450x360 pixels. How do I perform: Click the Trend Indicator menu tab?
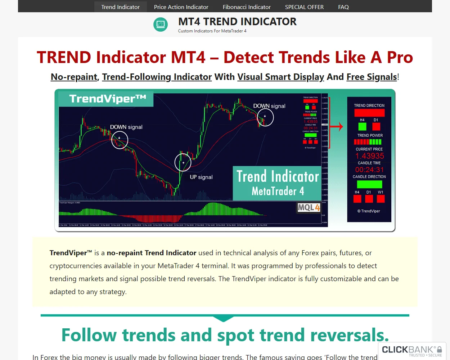coord(120,7)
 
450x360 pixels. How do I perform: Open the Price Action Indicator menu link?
coord(181,7)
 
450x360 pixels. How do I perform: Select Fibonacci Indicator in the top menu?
coord(247,7)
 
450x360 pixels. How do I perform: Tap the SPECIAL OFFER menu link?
coord(304,7)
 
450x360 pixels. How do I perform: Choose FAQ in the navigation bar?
coord(343,7)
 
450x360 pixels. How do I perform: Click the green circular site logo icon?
coord(161,24)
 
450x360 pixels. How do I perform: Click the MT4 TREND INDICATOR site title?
coord(237,22)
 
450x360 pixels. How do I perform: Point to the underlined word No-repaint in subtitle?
coord(74,77)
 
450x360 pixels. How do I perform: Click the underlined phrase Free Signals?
coord(372,77)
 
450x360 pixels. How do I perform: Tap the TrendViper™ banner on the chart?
coord(107,99)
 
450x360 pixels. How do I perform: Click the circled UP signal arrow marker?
coord(183,162)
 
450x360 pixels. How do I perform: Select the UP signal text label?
coord(201,177)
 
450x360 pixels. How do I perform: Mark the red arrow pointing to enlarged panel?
coord(337,127)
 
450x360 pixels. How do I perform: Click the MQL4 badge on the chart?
coord(309,207)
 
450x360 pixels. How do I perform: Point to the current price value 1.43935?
coord(369,156)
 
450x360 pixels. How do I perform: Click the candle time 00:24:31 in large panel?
coord(369,170)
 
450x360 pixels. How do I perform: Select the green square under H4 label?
coord(362,126)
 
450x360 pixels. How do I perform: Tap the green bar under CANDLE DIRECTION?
coord(369,184)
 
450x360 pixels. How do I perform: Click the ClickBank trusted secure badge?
coord(412,351)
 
